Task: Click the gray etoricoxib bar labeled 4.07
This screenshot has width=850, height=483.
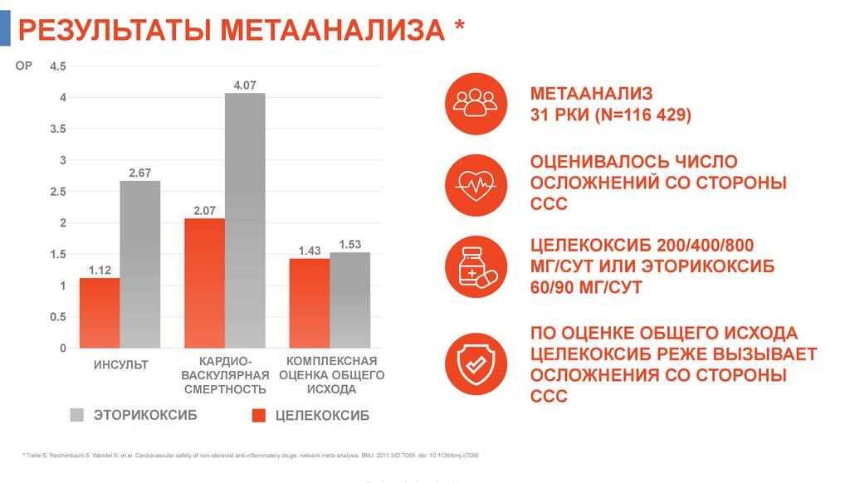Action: point(245,220)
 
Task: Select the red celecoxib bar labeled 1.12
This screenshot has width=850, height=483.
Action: point(100,313)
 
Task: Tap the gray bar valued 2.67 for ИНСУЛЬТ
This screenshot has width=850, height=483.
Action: point(140,264)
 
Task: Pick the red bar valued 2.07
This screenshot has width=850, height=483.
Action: point(204,283)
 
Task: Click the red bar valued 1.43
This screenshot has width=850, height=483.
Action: point(309,303)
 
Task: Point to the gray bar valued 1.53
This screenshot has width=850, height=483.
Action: point(349,300)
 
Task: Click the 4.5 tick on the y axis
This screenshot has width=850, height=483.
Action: point(57,66)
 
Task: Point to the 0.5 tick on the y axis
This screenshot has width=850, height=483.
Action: point(57,317)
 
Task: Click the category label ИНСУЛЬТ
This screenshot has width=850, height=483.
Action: point(120,364)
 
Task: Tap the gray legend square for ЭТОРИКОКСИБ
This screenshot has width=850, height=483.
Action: point(77,415)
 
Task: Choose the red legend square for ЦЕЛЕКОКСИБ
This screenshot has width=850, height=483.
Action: point(257,416)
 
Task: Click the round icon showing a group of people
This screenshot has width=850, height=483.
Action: point(476,104)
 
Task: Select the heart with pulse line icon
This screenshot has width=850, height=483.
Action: point(476,183)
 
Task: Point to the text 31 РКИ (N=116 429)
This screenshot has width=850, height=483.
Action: point(610,115)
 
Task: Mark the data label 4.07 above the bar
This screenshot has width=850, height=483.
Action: point(245,85)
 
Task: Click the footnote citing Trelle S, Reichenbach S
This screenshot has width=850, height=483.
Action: point(250,456)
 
